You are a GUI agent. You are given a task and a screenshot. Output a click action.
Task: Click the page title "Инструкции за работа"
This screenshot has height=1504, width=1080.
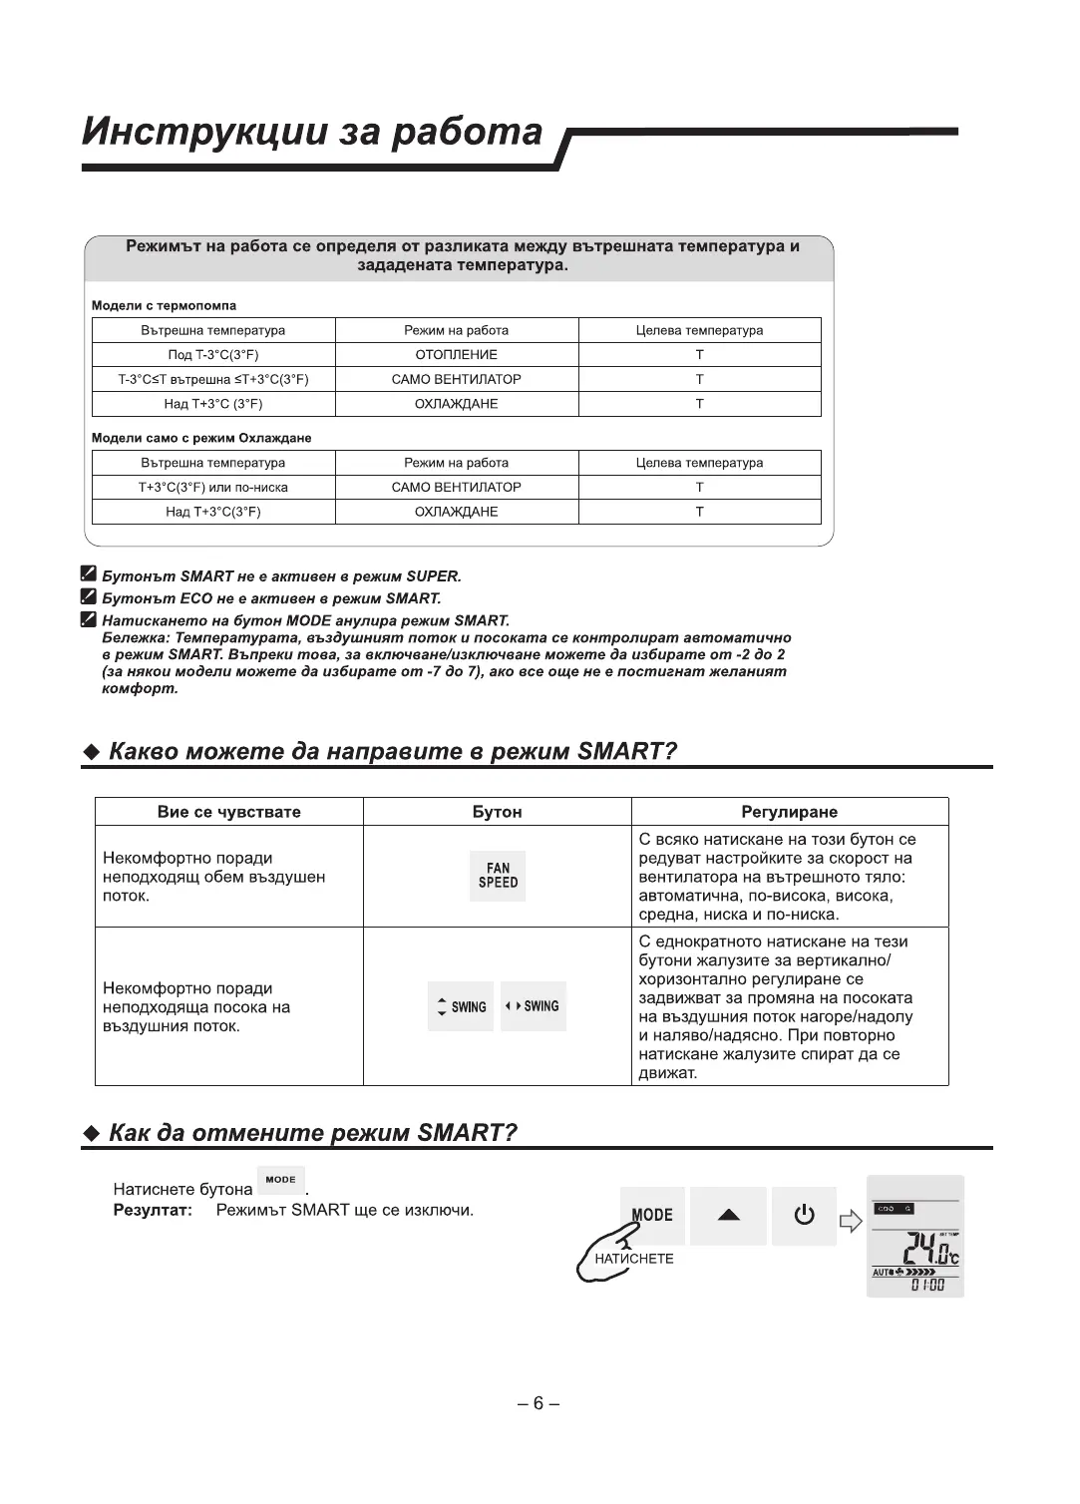pyautogui.click(x=313, y=132)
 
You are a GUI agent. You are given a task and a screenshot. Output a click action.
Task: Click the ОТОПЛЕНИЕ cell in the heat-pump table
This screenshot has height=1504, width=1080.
pyautogui.click(x=456, y=355)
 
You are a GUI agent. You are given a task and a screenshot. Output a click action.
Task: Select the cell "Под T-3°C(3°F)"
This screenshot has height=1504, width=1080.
pyautogui.click(x=213, y=355)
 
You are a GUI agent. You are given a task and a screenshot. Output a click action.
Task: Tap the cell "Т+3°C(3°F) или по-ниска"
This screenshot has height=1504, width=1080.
pyautogui.click(x=213, y=488)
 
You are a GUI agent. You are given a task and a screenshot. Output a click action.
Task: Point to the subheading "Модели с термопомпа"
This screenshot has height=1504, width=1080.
pyautogui.click(x=164, y=306)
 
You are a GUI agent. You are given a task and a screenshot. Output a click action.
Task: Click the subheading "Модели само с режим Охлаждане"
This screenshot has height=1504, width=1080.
pyautogui.click(x=201, y=438)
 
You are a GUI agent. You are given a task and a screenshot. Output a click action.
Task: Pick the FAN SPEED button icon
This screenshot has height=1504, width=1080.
pyautogui.click(x=498, y=876)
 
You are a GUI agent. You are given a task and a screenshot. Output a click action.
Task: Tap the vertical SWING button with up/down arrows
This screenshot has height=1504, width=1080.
pyautogui.click(x=461, y=1006)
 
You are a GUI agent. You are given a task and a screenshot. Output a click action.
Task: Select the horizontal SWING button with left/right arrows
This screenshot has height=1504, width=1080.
pyautogui.click(x=534, y=1006)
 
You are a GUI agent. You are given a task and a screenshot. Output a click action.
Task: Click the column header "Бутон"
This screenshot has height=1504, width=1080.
pyautogui.click(x=497, y=812)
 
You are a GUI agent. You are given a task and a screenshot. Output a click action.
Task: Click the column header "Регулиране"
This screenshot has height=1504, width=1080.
pyautogui.click(x=790, y=812)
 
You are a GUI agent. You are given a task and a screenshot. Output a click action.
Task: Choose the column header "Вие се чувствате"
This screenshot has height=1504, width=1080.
pyautogui.click(x=228, y=812)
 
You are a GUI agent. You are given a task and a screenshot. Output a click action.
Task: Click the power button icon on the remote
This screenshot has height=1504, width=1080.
pyautogui.click(x=804, y=1215)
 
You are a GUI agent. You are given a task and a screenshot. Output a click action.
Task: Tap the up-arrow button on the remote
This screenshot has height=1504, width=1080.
pyautogui.click(x=729, y=1215)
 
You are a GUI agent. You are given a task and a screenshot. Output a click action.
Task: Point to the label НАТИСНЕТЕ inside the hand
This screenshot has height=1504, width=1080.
pyautogui.click(x=634, y=1259)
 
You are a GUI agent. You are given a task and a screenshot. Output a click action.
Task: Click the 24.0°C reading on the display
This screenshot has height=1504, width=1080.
pyautogui.click(x=928, y=1249)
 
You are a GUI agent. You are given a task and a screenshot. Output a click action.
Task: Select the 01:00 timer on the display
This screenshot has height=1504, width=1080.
pyautogui.click(x=926, y=1286)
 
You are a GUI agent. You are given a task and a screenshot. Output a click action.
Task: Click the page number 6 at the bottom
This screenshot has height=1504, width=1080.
pyautogui.click(x=539, y=1403)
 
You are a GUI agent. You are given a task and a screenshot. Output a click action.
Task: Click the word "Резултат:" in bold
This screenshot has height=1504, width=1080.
pyautogui.click(x=152, y=1210)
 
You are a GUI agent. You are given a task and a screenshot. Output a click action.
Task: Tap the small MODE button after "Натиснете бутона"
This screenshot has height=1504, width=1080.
pyautogui.click(x=281, y=1180)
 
